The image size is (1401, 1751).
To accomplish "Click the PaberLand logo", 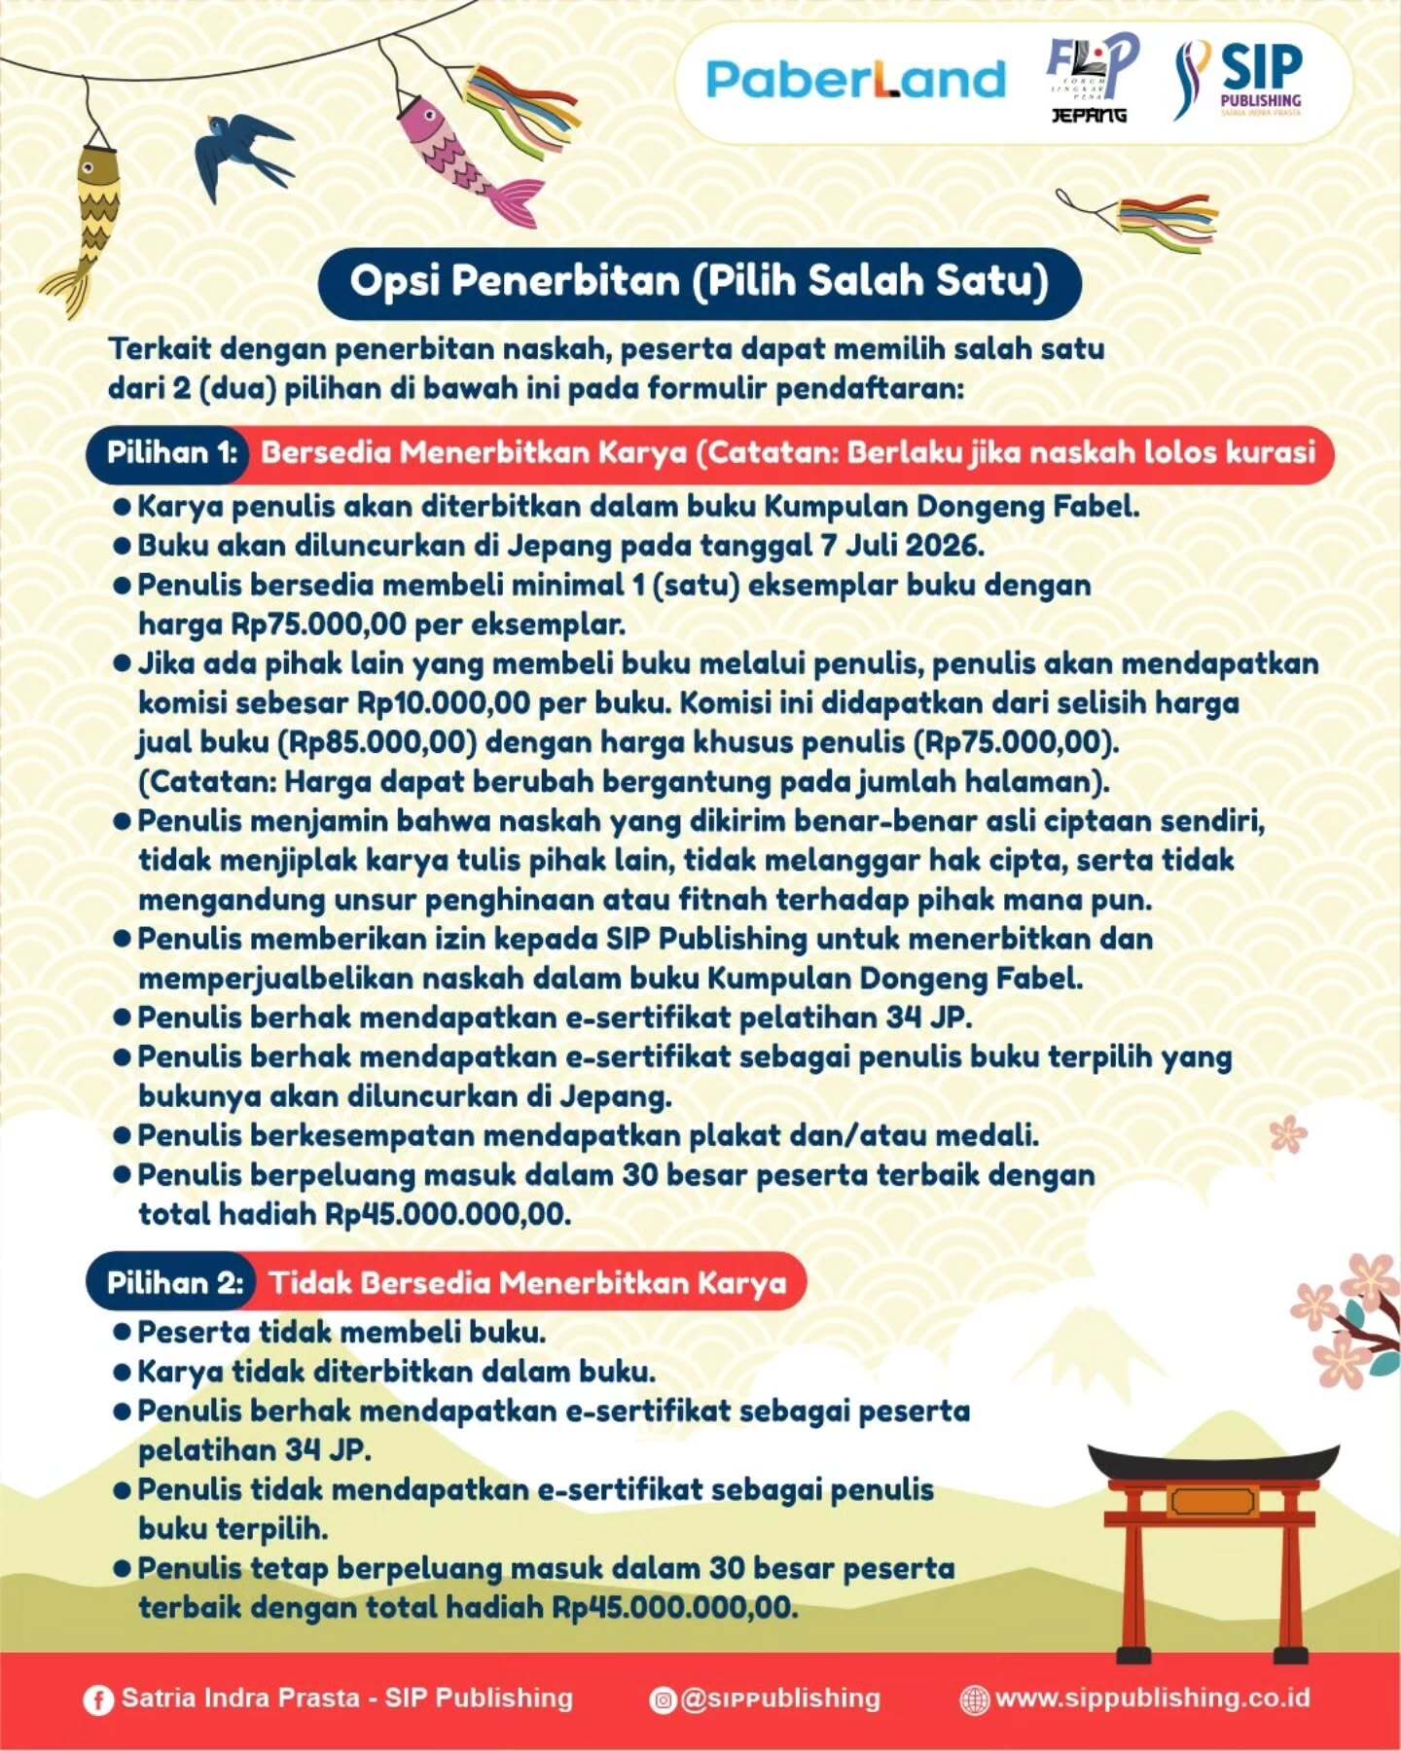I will point(855,80).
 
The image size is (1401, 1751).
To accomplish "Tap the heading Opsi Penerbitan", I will point(700,281).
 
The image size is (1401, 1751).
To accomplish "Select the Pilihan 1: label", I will point(172,453).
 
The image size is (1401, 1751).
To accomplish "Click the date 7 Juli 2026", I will point(901,546).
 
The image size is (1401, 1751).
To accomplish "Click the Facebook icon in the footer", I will point(97,1700).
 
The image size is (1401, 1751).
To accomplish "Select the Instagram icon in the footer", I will point(663,1699).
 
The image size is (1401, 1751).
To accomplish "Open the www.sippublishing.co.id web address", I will point(1153,1698).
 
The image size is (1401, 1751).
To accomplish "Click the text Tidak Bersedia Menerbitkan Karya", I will point(528,1283).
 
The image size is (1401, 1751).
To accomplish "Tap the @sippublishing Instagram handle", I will point(780,1699).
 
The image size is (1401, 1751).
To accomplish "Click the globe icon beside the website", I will point(974,1699).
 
